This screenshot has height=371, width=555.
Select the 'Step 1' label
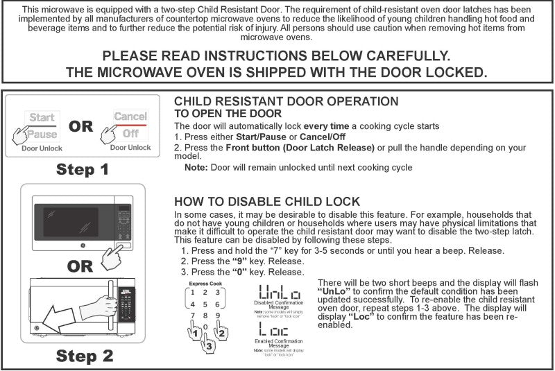point(83,169)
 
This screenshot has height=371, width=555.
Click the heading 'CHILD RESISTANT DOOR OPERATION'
point(286,102)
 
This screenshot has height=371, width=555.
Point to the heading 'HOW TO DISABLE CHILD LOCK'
point(266,202)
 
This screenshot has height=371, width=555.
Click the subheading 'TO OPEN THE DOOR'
point(228,114)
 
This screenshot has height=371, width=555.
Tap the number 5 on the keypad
point(205,304)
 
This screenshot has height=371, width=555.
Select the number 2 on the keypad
point(205,292)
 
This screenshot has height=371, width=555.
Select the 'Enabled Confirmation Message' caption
point(279,343)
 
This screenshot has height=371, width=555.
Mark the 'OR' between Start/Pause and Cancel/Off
point(81,126)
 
